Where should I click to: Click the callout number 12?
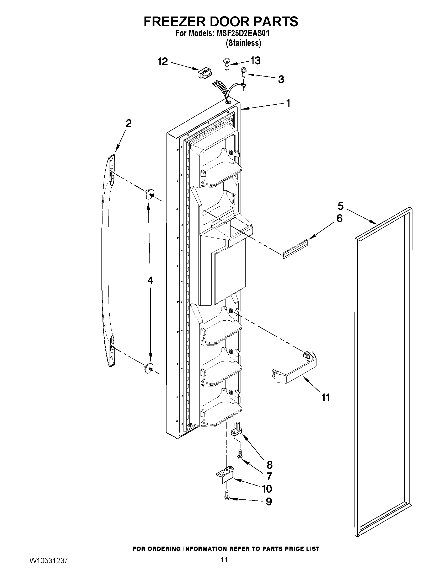coord(163,62)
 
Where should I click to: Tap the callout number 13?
coord(255,61)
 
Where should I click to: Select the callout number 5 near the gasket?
coord(341,206)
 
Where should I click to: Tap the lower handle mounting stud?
coord(149,368)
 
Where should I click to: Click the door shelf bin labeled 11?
coord(295,369)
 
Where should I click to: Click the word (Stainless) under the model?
coord(243,43)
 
